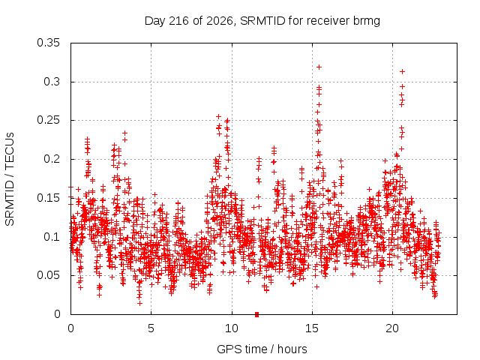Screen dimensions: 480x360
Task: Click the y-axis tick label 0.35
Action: pos(48,43)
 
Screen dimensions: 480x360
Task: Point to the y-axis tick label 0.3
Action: pos(52,82)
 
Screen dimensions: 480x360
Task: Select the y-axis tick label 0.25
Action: pos(48,120)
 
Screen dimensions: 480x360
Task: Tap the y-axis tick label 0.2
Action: pos(52,159)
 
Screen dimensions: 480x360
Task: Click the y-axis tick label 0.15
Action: pos(48,198)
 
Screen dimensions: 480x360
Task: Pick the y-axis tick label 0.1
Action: pos(52,237)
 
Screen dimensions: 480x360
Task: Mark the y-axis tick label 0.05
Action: pos(48,275)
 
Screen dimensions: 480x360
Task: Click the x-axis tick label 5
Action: pos(151,328)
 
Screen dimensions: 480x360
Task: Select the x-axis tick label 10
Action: pos(232,328)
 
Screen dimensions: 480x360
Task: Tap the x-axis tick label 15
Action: pos(312,328)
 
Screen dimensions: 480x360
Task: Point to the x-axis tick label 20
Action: pos(392,328)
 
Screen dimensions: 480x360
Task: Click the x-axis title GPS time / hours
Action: pos(262,349)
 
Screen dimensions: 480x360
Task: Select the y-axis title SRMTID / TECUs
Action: pos(10,179)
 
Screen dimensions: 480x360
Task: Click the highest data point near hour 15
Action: pos(319,67)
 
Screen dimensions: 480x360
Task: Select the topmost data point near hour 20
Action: pos(402,72)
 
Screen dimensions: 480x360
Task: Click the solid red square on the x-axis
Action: pos(256,314)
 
